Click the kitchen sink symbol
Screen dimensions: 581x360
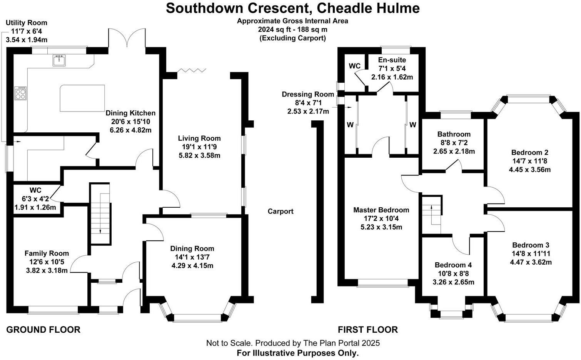coord(59,60)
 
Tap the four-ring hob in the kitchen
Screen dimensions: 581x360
coord(20,93)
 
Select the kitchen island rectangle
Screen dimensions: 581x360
coord(82,98)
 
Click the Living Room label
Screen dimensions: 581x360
coord(199,138)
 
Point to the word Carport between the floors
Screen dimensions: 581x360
coord(280,211)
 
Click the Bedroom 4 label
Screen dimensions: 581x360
coord(453,265)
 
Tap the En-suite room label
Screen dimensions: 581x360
coord(392,60)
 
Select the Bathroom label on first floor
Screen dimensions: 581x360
coord(454,134)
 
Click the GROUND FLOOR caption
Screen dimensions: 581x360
coord(43,330)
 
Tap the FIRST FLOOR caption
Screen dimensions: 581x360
coord(367,330)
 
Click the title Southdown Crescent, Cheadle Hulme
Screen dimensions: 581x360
coord(292,8)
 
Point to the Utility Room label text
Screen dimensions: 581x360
coord(27,23)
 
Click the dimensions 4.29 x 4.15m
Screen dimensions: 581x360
coord(192,266)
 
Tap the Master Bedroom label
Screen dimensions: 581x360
coord(381,210)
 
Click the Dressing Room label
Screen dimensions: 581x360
coord(308,94)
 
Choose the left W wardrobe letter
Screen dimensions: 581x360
coord(350,125)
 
